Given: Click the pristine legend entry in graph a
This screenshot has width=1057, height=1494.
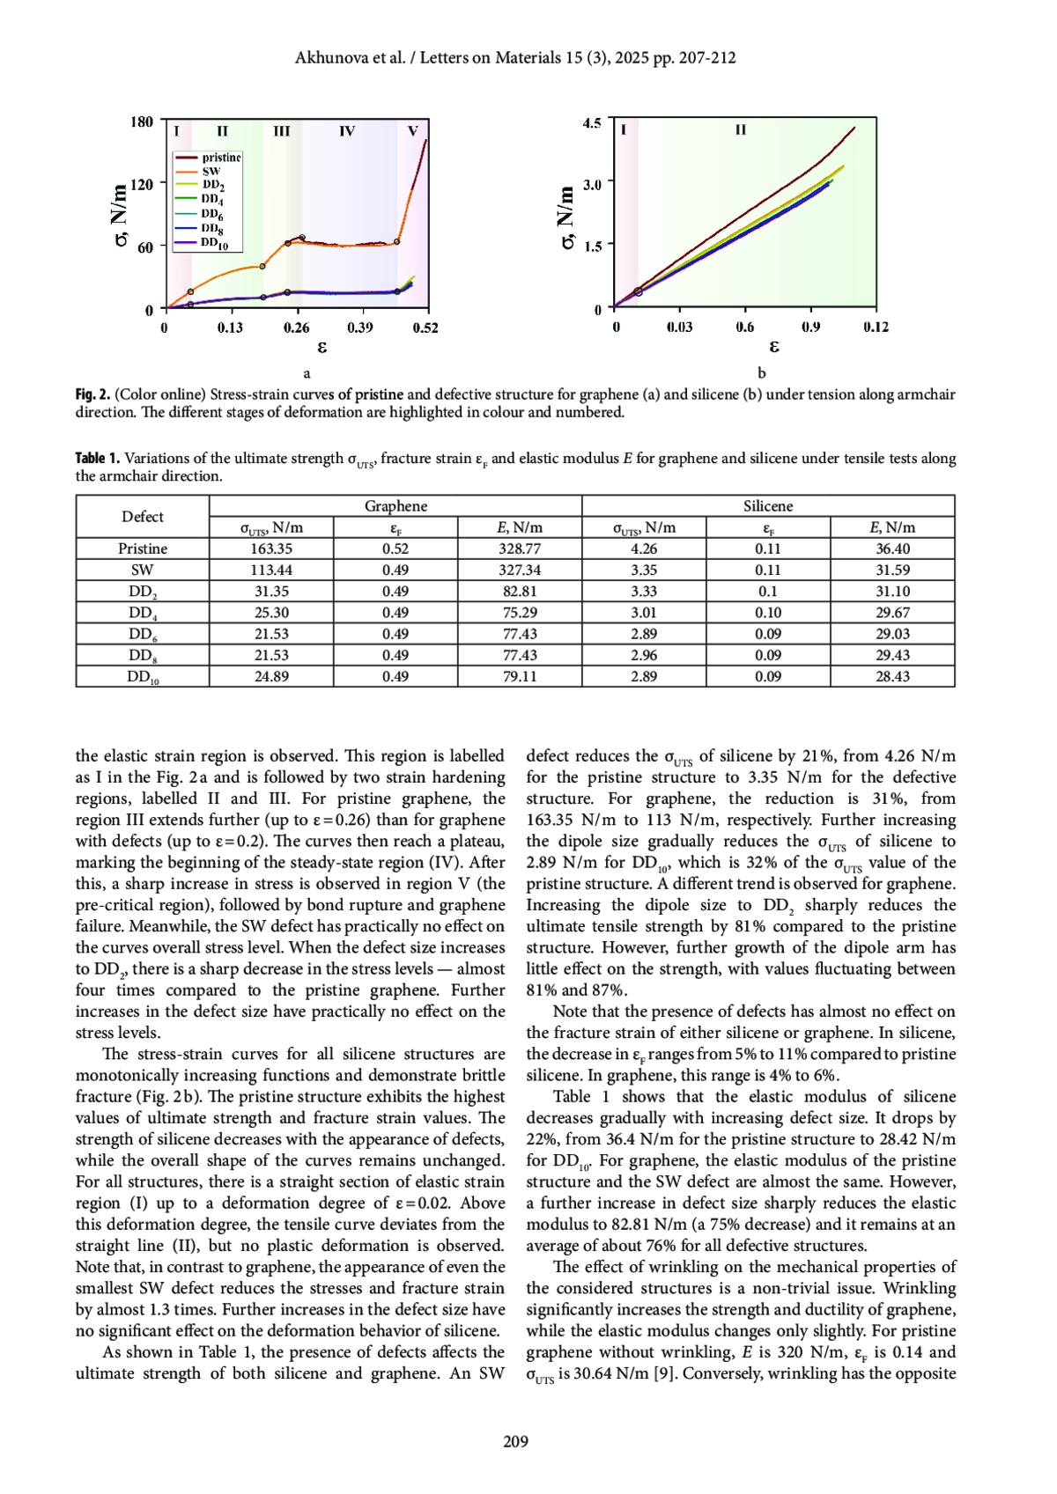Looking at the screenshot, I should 220,158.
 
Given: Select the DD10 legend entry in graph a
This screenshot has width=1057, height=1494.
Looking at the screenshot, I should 214,243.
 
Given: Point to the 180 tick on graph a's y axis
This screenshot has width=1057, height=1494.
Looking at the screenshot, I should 142,121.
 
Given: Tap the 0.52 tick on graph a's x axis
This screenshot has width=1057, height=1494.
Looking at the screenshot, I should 425,328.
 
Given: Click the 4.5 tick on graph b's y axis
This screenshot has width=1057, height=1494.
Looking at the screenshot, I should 592,123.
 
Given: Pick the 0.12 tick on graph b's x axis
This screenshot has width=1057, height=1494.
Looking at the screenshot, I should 876,327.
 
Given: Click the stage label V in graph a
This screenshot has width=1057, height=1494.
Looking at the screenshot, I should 412,131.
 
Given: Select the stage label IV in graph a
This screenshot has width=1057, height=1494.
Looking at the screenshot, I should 347,131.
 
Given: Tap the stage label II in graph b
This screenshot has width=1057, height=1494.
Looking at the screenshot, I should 741,130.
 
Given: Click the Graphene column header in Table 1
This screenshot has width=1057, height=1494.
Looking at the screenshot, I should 395,506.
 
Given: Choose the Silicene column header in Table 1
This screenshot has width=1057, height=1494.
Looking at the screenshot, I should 768,506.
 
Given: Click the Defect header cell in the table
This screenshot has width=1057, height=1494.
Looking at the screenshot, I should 143,517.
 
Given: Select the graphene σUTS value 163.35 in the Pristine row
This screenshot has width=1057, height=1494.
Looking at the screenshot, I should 271,548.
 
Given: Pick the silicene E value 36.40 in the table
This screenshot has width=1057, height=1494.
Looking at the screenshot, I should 892,548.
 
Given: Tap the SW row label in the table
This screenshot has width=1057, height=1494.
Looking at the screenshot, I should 142,570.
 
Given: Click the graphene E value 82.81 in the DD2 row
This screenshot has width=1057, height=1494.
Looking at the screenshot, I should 520,592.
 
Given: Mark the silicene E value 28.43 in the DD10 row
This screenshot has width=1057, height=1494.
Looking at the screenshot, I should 892,676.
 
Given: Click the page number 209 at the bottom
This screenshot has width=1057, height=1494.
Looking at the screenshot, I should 516,1441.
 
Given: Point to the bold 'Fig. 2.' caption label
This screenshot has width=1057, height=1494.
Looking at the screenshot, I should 92,395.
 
